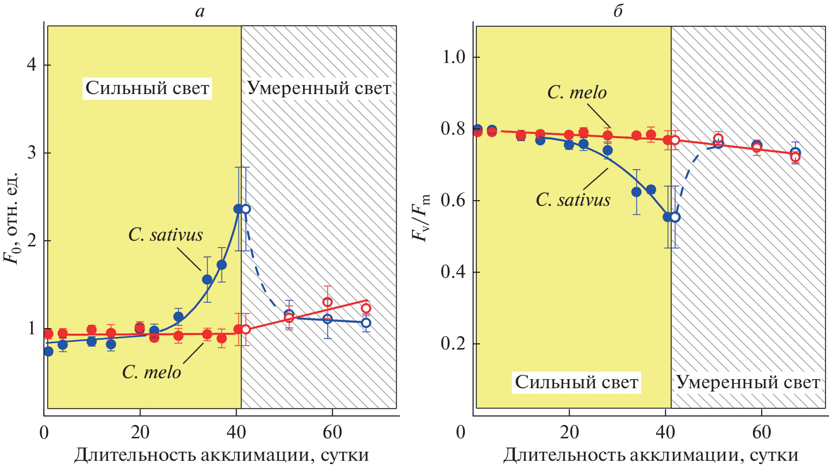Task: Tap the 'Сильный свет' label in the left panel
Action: (x=147, y=88)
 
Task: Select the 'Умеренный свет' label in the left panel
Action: (x=319, y=88)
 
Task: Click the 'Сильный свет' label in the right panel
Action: (x=576, y=382)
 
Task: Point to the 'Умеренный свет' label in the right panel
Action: (x=748, y=382)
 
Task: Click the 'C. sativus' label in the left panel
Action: (x=165, y=235)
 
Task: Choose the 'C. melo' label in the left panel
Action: (x=151, y=372)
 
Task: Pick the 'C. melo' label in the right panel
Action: (x=577, y=93)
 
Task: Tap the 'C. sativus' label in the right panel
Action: (x=573, y=200)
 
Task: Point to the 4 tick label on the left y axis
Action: (x=32, y=64)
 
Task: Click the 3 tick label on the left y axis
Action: (x=32, y=153)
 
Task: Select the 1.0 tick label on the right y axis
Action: (x=453, y=57)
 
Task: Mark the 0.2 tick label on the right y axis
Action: (x=453, y=343)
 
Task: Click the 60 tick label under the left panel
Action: (x=332, y=433)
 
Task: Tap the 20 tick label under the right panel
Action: (x=569, y=433)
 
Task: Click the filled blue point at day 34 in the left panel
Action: (x=207, y=279)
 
